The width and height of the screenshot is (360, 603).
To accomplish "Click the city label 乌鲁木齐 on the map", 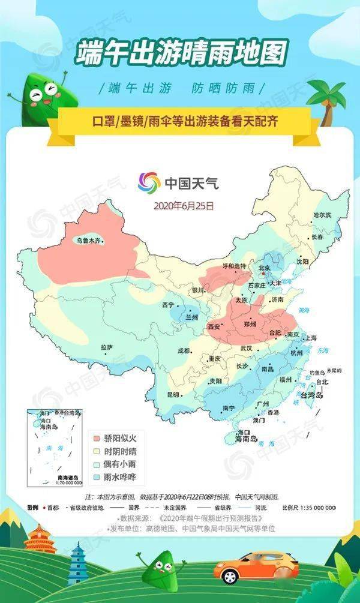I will [x=90, y=241].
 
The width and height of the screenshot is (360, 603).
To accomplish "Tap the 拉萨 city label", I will [x=107, y=347].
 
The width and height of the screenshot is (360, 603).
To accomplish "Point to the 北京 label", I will [x=265, y=268].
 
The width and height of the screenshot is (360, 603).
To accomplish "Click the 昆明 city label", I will [x=173, y=394].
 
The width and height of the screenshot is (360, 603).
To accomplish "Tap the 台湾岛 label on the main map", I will [x=311, y=396].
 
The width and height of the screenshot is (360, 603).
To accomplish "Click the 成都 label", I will [x=183, y=350].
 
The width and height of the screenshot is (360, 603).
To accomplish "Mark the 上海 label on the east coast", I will [x=311, y=338].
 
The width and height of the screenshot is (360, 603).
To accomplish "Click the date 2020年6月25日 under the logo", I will [x=184, y=205].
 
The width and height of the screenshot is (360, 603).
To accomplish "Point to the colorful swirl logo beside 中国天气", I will [x=149, y=182].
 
